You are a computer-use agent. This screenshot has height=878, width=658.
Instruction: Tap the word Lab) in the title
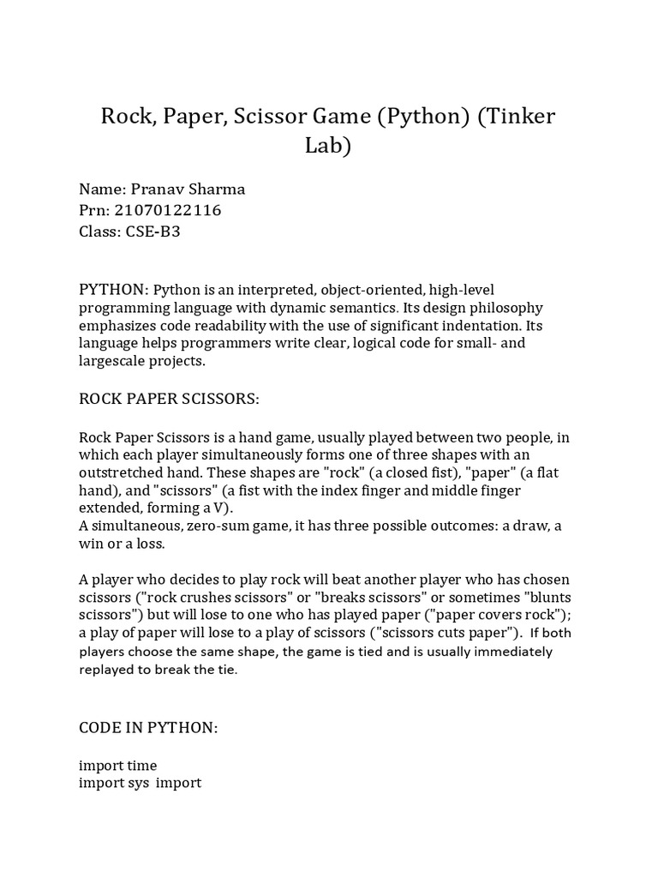coord(328,146)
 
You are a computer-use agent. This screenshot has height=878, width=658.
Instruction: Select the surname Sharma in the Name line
coord(214,189)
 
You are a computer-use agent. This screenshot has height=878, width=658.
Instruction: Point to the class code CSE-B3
coord(154,232)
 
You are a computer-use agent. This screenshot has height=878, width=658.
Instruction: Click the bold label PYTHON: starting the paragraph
coord(115,290)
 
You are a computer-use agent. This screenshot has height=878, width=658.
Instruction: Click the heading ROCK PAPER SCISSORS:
coord(169,399)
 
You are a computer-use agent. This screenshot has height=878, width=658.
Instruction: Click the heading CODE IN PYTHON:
coord(148,727)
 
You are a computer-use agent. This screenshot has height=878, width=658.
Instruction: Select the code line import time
coord(118,765)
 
